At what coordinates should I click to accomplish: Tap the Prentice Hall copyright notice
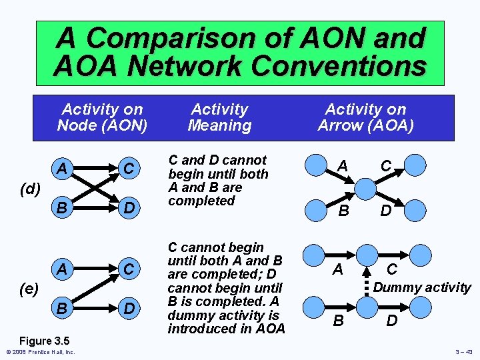39,352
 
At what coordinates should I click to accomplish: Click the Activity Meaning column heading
219,117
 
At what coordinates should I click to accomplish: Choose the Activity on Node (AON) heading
102,117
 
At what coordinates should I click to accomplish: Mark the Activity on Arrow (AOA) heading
365,117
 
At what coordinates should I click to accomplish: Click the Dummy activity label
421,288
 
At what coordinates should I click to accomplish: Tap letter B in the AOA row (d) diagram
343,211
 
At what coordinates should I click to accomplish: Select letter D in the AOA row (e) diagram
391,321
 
